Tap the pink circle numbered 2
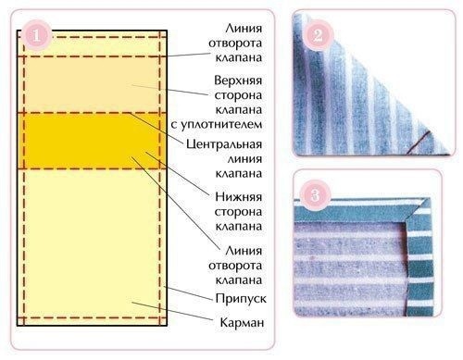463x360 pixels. point(317,37)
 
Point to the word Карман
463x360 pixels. point(244,323)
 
